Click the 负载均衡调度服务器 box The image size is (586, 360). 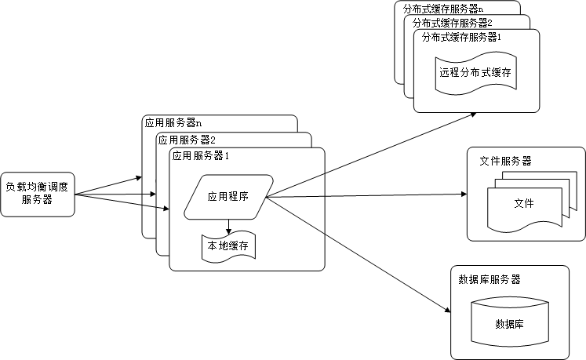coord(38,194)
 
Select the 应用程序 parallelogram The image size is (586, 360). coord(228,196)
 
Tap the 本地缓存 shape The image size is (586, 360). coord(228,246)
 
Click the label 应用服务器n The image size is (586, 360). coord(173,123)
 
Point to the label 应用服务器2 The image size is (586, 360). coord(186,140)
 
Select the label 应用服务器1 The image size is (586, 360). coord(201,155)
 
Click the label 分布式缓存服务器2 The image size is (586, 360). coord(450,23)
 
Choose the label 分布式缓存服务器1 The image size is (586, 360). coord(461,38)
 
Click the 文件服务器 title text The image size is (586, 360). coord(505,161)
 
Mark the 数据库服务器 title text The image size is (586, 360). coord(489,279)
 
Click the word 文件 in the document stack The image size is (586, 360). coord(523,203)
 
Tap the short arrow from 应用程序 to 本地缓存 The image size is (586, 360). coord(228,227)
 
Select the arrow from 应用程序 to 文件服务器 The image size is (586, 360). coord(369,196)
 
